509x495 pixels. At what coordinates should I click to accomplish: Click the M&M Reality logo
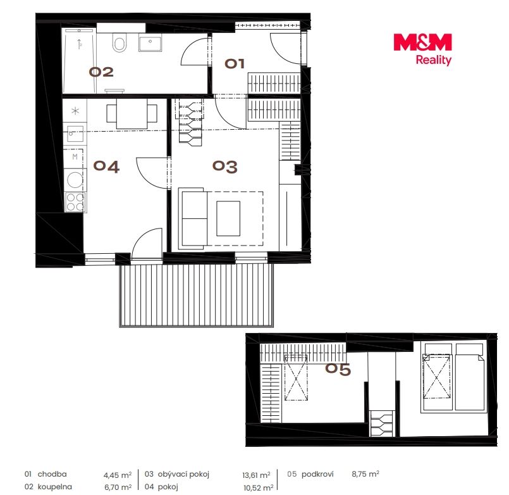point(422,49)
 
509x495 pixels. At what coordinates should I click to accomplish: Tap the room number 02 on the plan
point(101,72)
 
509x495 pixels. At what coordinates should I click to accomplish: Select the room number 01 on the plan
point(235,63)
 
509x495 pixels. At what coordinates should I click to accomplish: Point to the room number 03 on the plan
point(224,166)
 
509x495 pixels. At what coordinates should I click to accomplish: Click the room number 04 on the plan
point(106,166)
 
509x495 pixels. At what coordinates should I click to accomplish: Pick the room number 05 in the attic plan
point(338,369)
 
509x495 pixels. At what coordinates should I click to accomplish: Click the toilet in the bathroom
point(119,42)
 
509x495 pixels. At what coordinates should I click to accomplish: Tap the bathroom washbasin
point(150,42)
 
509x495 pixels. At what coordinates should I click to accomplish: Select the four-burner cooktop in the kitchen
point(75,202)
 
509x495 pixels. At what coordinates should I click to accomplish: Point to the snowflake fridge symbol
point(75,111)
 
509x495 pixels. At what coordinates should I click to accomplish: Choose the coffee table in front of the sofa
point(228,218)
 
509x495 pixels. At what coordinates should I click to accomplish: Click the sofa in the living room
point(193,218)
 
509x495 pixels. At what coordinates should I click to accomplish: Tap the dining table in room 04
point(132,113)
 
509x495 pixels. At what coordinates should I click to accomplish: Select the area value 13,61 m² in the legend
point(256,475)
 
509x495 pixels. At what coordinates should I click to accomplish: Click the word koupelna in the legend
point(55,487)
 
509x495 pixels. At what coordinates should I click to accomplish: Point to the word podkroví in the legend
point(317,474)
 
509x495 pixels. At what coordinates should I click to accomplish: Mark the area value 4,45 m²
point(118,475)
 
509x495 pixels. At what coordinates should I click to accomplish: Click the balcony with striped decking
point(197,295)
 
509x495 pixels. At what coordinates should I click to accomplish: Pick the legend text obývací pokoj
point(183,474)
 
